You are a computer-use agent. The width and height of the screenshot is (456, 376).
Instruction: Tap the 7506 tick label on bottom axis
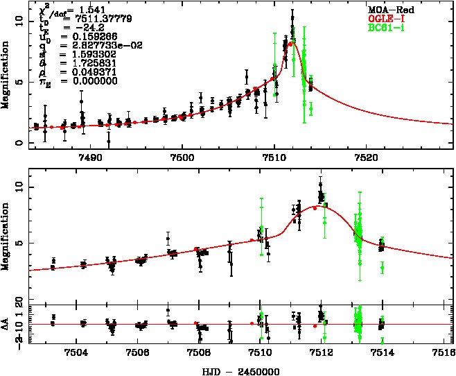[x=137, y=352]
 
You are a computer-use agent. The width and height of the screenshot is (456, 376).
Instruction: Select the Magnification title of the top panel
[x=6, y=74]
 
